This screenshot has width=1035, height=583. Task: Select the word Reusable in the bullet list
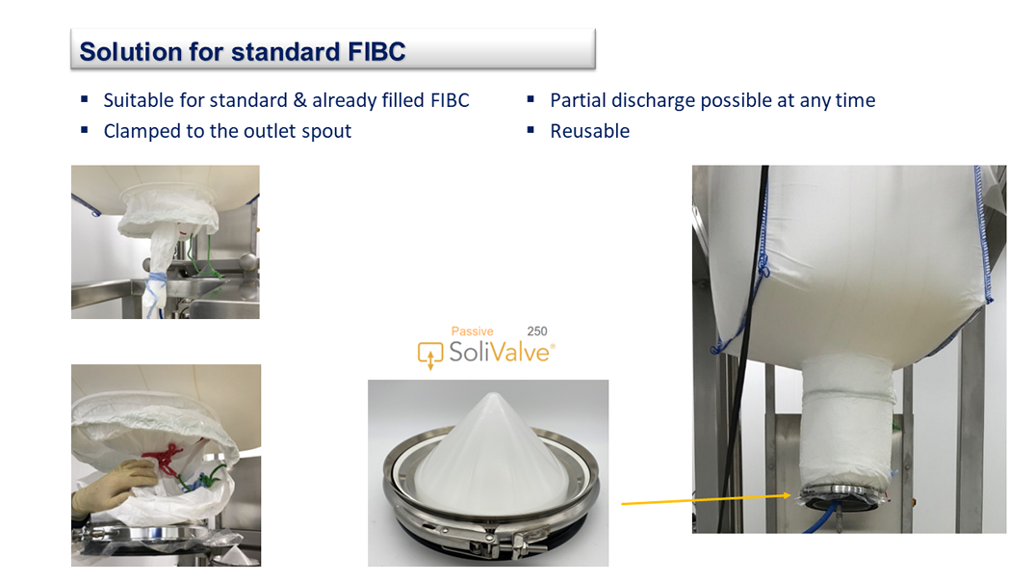pos(589,131)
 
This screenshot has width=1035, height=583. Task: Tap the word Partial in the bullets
pos(578,100)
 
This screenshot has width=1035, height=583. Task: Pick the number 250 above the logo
pos(536,331)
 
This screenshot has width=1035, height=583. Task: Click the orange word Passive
pos(472,331)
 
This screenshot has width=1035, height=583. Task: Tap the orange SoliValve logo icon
pos(429,355)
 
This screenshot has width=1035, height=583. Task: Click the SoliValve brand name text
pos(500,352)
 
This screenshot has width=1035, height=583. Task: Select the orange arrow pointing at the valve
pos(707,499)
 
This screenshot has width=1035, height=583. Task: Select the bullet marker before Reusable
pos(530,130)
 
